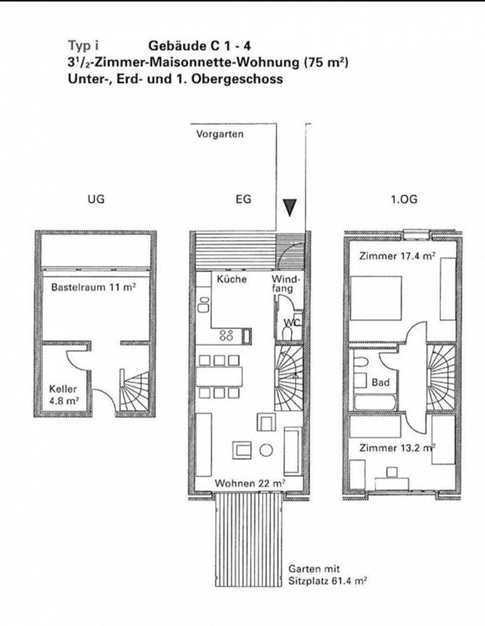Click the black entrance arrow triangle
(289, 207)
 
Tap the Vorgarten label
(220, 134)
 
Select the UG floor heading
(96, 199)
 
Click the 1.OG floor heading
(404, 199)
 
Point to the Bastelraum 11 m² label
(93, 287)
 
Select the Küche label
(232, 279)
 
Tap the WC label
(291, 323)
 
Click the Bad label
(381, 382)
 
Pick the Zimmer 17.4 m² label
(397, 256)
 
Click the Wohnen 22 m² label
(250, 483)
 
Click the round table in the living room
(266, 450)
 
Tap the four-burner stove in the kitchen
(226, 335)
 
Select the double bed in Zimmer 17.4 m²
(376, 298)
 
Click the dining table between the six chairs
(219, 376)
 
